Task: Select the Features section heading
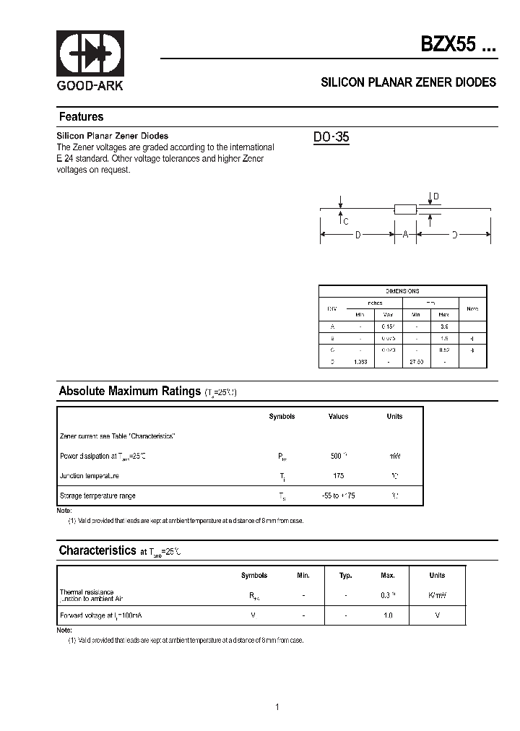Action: click(x=81, y=117)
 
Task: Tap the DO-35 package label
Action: click(x=331, y=137)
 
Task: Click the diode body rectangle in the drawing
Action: click(x=405, y=209)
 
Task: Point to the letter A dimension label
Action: click(x=405, y=235)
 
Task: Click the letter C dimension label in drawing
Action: click(x=346, y=222)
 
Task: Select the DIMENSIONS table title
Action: click(x=402, y=290)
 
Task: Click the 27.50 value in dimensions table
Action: click(x=417, y=361)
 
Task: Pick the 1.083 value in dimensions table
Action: click(x=360, y=361)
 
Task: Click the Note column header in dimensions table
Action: click(x=472, y=308)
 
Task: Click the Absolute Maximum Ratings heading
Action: click(x=129, y=391)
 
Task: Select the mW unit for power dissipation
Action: click(x=394, y=457)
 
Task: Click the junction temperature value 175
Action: click(x=338, y=476)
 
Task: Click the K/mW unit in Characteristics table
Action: click(x=437, y=595)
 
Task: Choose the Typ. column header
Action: click(x=346, y=576)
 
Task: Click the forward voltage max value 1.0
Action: click(x=388, y=615)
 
